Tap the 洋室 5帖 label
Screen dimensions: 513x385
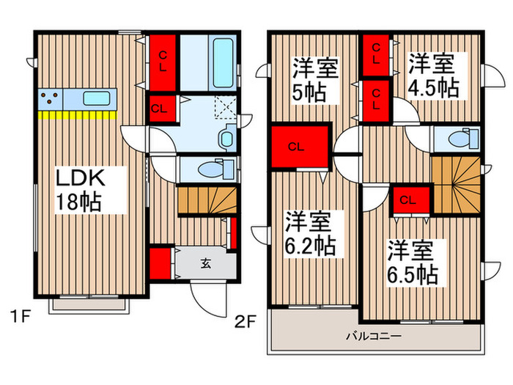315,80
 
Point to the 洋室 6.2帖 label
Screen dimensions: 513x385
310,234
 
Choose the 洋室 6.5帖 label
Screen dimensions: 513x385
413,263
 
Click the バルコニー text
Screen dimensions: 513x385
374,336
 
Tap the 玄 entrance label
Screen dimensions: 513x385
206,263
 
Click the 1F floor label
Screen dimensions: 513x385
20,317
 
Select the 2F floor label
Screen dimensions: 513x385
245,322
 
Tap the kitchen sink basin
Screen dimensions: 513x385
96,98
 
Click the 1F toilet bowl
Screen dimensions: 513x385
216,169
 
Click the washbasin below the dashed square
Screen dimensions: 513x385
226,138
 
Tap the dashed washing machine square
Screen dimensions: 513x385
225,107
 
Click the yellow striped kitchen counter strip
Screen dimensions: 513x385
77,115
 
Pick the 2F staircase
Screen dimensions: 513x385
457,185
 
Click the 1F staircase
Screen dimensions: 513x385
207,200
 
